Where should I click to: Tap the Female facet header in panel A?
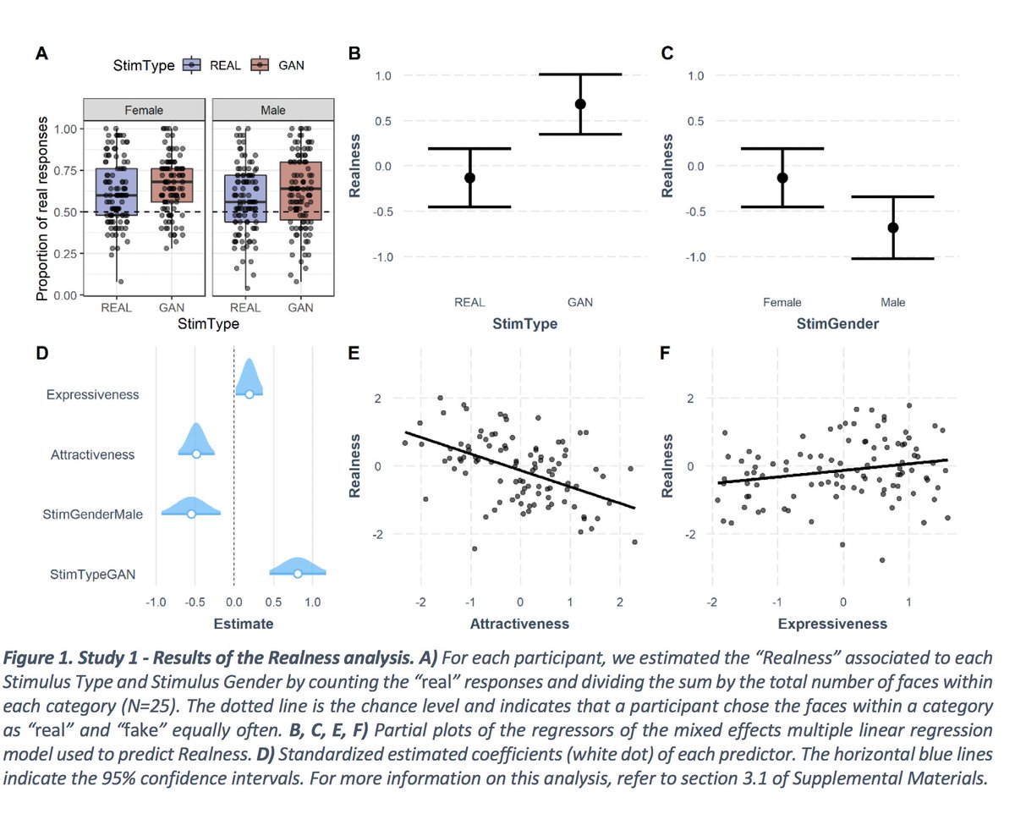pyautogui.click(x=144, y=110)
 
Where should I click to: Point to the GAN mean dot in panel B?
pyautogui.click(x=580, y=104)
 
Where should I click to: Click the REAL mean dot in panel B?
pyautogui.click(x=470, y=178)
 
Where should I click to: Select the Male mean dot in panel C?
pyautogui.click(x=893, y=228)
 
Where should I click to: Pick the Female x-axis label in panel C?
pyautogui.click(x=782, y=302)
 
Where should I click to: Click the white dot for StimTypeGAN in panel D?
pyautogui.click(x=298, y=574)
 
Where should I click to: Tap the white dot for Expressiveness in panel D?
pyautogui.click(x=249, y=394)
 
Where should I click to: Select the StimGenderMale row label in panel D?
pyautogui.click(x=92, y=514)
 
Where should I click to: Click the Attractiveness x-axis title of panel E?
pyautogui.click(x=519, y=624)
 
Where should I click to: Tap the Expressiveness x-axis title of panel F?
pyautogui.click(x=831, y=624)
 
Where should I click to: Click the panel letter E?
pyautogui.click(x=355, y=354)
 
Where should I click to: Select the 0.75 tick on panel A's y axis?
pyautogui.click(x=64, y=170)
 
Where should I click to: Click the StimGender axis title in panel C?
pyautogui.click(x=837, y=323)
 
